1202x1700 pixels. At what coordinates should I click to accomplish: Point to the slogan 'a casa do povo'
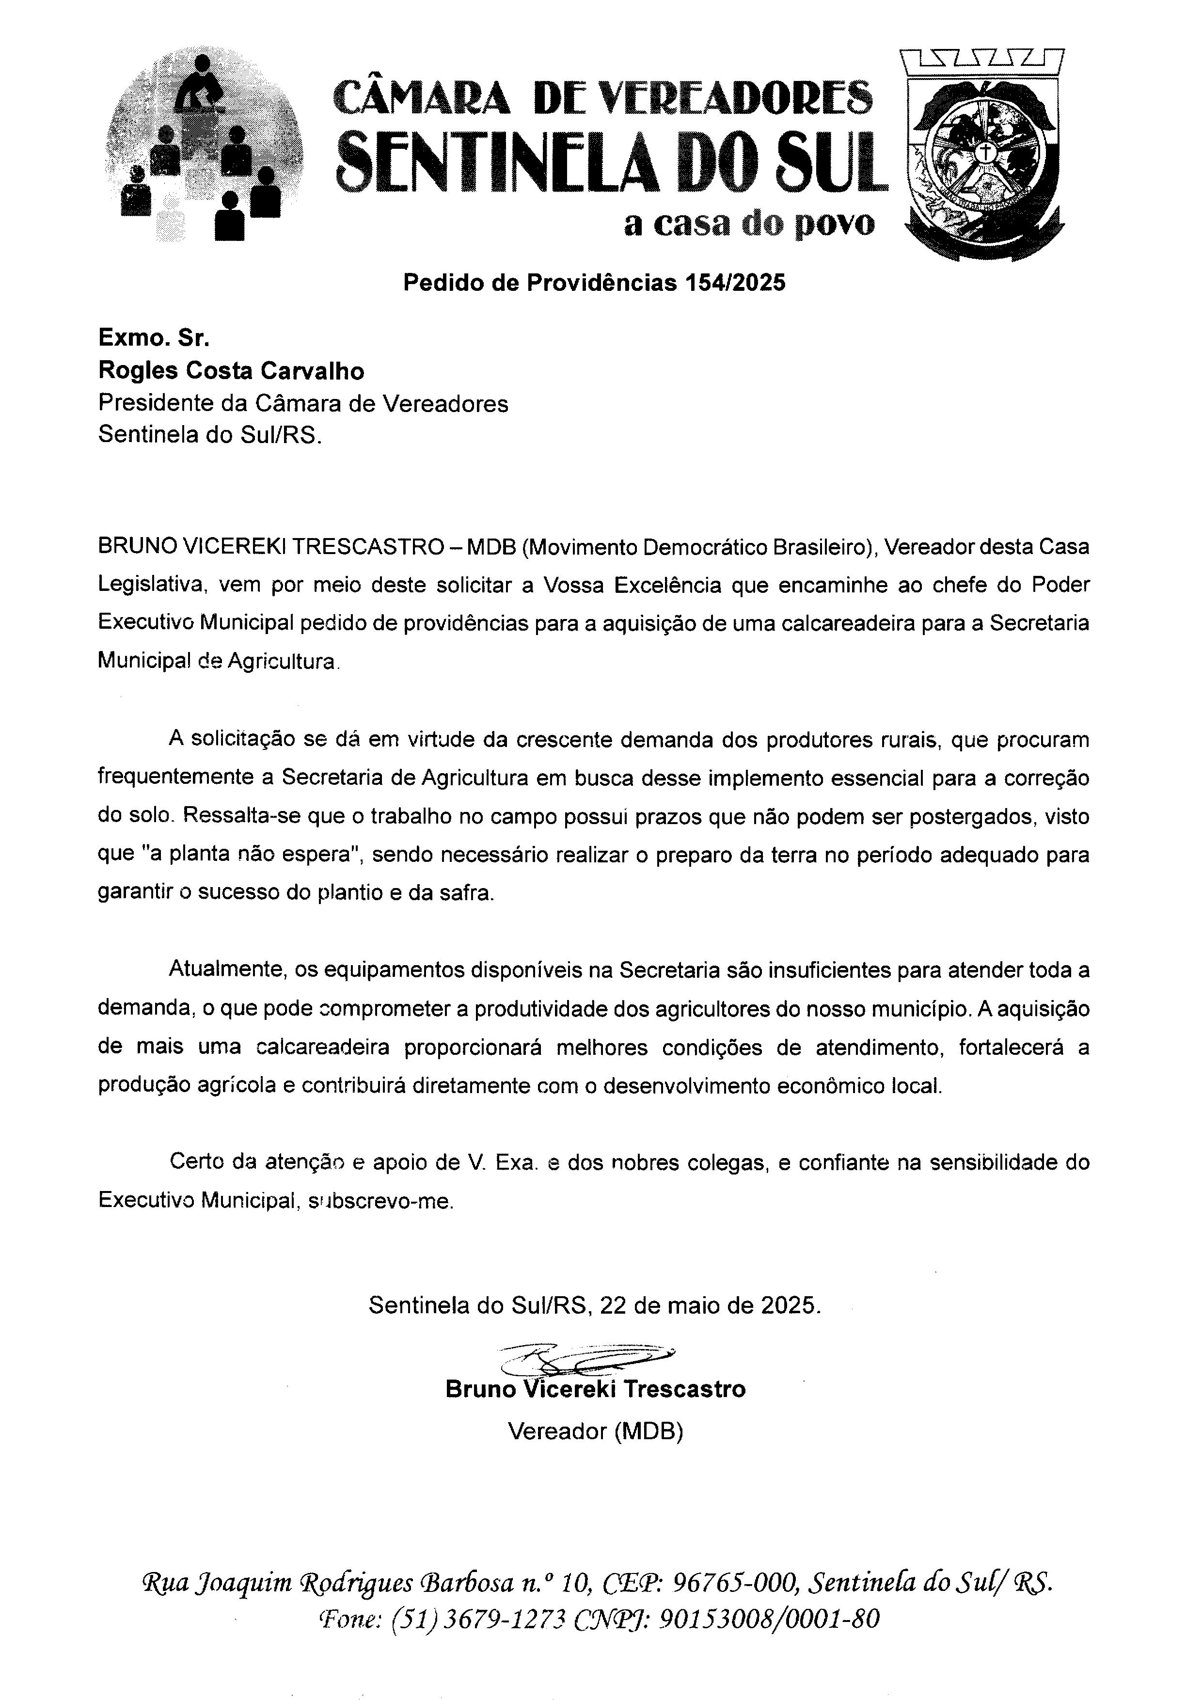coord(749,223)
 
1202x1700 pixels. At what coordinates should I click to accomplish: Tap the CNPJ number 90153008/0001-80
coord(769,1620)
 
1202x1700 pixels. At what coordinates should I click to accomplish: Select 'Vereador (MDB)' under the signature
coord(595,1431)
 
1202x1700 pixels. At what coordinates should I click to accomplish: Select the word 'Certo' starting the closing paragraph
coord(197,1162)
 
